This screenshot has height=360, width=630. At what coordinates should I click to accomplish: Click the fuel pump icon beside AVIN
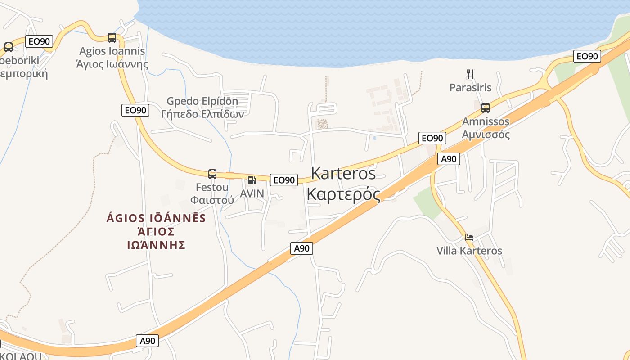[x=252, y=180]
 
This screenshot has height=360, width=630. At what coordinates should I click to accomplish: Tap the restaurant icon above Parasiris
[x=470, y=74]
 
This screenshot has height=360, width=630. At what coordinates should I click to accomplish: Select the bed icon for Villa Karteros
[x=469, y=238]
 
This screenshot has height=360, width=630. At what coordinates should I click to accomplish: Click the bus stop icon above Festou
[x=212, y=174]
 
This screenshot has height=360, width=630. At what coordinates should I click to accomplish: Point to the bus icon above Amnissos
[x=485, y=108]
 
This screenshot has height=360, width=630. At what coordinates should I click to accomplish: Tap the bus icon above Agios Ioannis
[x=112, y=38]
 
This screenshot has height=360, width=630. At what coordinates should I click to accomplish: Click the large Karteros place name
[x=343, y=173]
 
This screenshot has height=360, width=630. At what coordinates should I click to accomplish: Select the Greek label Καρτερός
[x=343, y=194]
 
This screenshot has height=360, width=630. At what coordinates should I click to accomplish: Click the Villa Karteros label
[x=469, y=251]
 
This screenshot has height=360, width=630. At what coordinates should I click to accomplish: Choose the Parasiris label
[x=470, y=87]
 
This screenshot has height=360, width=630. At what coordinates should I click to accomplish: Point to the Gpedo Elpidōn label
[x=202, y=101]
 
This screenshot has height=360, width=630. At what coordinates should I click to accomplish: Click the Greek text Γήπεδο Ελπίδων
[x=202, y=114]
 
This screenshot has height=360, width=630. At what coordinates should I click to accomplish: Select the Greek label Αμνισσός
[x=486, y=134]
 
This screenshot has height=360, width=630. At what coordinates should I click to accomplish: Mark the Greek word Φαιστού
[x=212, y=200]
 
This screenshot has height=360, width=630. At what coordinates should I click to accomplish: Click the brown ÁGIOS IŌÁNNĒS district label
[x=156, y=218]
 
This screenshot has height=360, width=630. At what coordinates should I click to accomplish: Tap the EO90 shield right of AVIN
[x=284, y=180]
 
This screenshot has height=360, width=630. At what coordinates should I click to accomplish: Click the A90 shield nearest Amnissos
[x=449, y=158]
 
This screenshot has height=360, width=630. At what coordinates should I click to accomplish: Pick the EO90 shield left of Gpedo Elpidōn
[x=135, y=110]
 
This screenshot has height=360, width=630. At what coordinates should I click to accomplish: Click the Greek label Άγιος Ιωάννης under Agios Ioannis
[x=112, y=64]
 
